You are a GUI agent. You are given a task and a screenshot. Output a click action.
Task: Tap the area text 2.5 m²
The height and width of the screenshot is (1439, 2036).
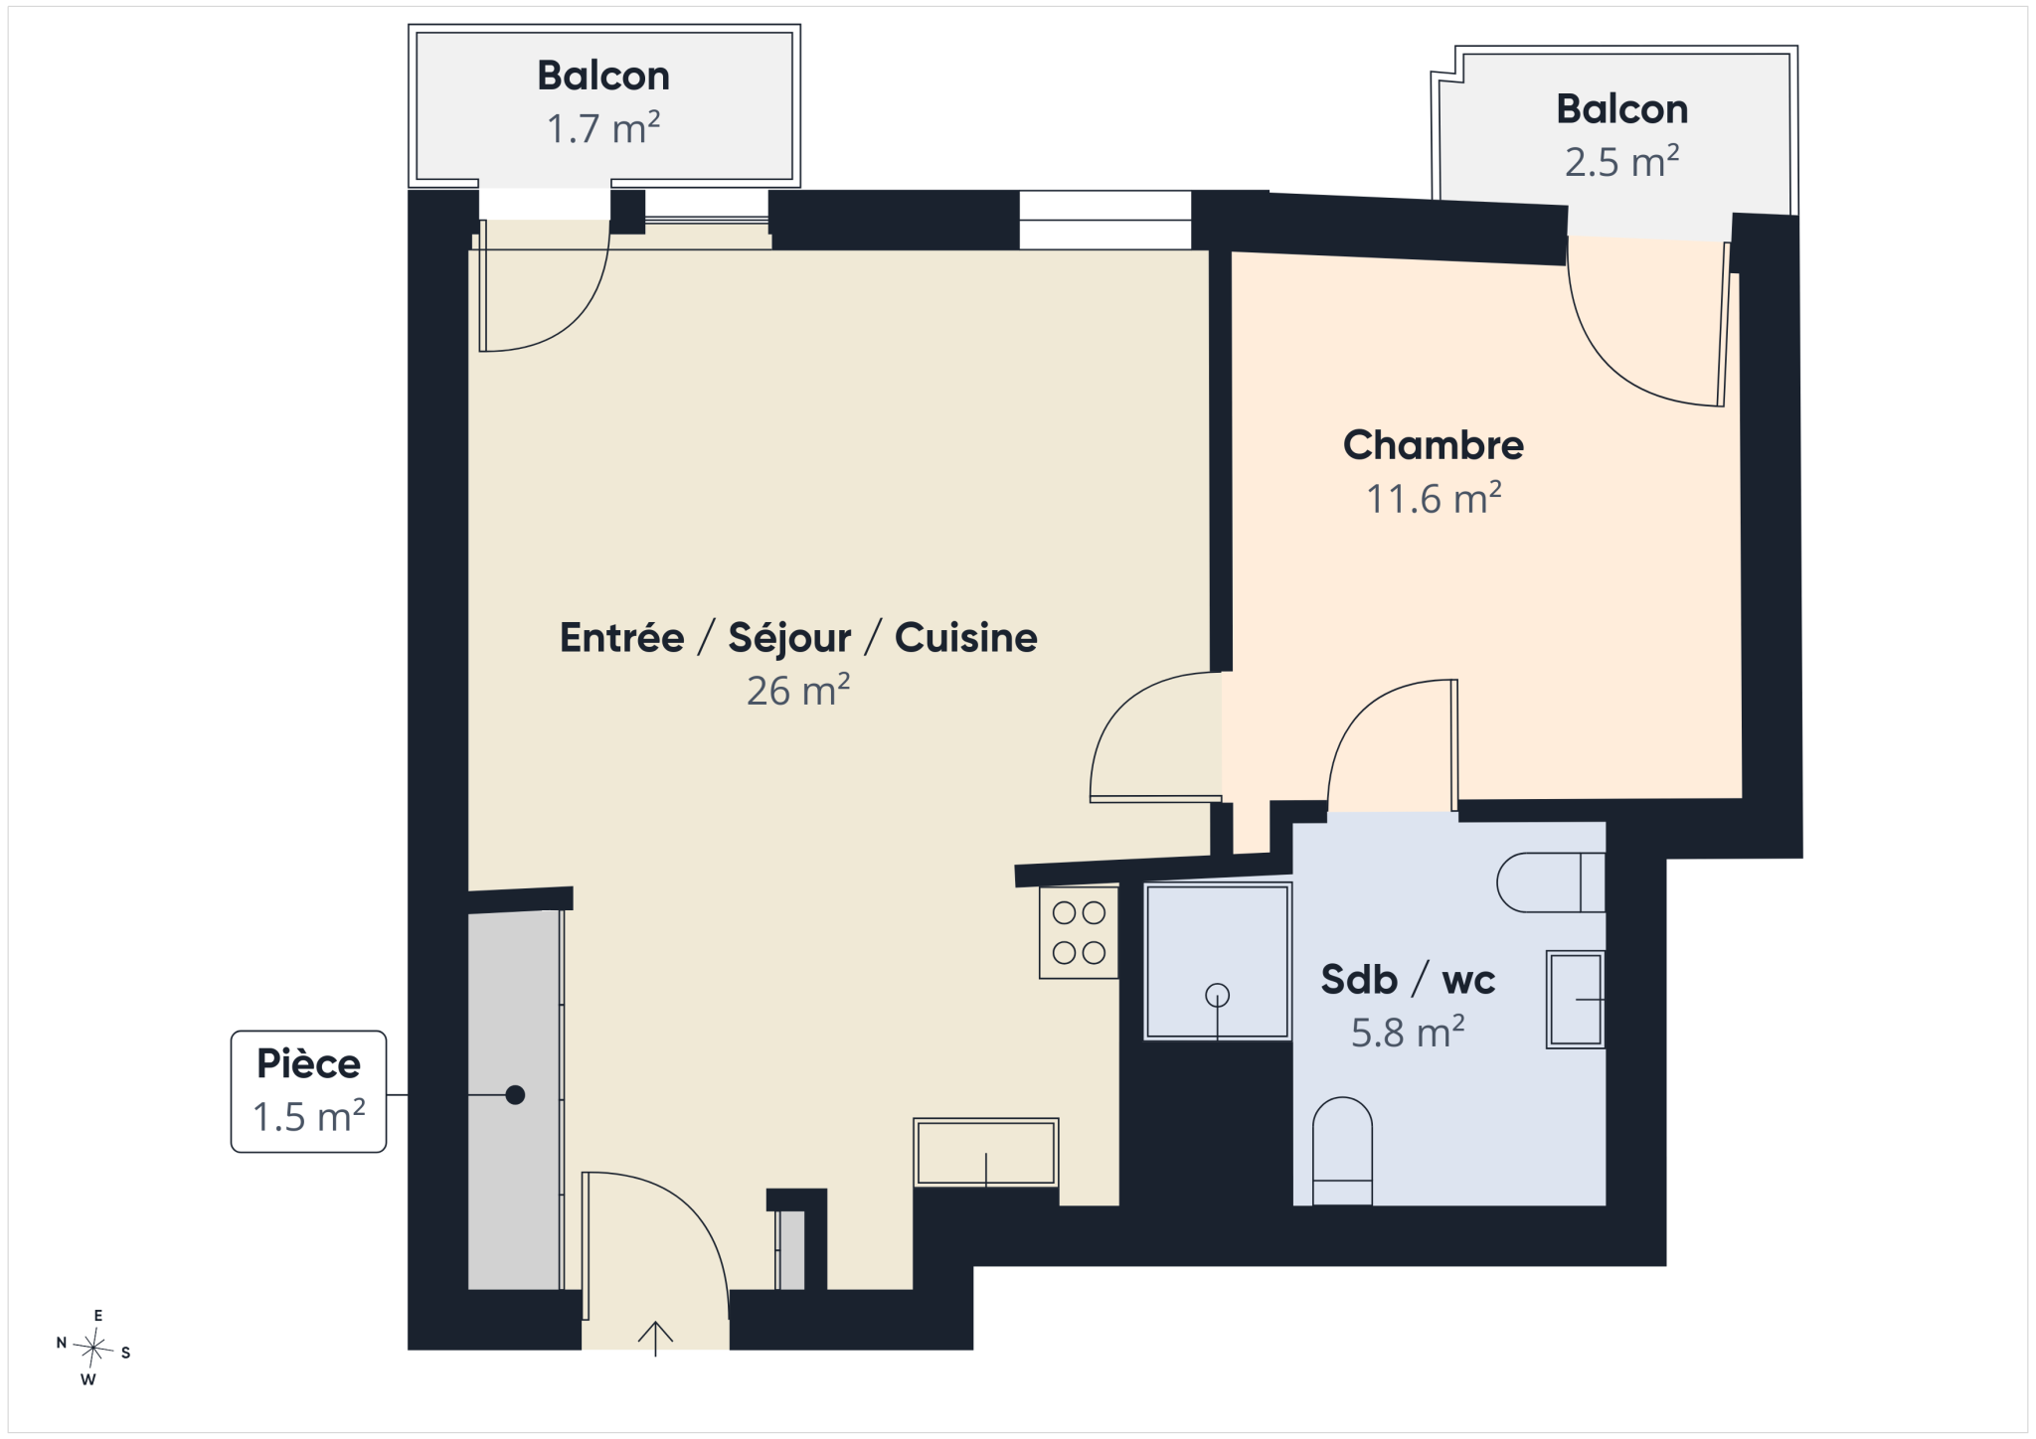point(1621,161)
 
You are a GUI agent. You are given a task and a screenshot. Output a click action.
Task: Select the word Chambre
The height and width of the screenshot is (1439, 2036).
point(1433,444)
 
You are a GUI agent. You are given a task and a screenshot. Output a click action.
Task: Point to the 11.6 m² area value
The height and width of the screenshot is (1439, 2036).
point(1434,498)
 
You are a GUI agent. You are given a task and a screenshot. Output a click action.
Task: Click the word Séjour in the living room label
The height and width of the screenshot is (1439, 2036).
point(789,638)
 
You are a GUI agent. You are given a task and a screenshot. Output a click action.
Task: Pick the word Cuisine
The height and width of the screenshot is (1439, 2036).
point(965,638)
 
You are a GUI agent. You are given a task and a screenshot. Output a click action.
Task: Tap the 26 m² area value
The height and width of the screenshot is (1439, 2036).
point(798,691)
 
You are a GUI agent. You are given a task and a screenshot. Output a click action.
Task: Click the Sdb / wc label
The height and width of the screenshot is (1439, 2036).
point(1408,980)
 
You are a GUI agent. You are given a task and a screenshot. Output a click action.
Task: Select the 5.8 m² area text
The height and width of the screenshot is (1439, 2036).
point(1408,1033)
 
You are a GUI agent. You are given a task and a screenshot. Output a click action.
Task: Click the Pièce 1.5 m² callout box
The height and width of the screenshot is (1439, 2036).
point(308,1091)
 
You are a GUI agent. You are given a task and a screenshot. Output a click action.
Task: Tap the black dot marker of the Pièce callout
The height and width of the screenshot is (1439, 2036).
point(515,1095)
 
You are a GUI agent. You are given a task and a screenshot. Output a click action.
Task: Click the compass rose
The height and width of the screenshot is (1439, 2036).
point(93,1348)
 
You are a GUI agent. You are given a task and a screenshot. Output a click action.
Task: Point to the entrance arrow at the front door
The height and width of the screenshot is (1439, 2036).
point(655,1339)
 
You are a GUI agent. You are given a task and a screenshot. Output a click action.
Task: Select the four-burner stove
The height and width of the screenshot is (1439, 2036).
point(1079,932)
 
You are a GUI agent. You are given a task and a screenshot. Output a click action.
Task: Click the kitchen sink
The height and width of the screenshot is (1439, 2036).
point(985,1153)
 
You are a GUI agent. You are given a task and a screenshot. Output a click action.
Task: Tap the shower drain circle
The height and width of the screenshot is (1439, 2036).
point(1217,995)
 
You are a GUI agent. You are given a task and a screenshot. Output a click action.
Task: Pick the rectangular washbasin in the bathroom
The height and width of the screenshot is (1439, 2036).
point(1576,1000)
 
